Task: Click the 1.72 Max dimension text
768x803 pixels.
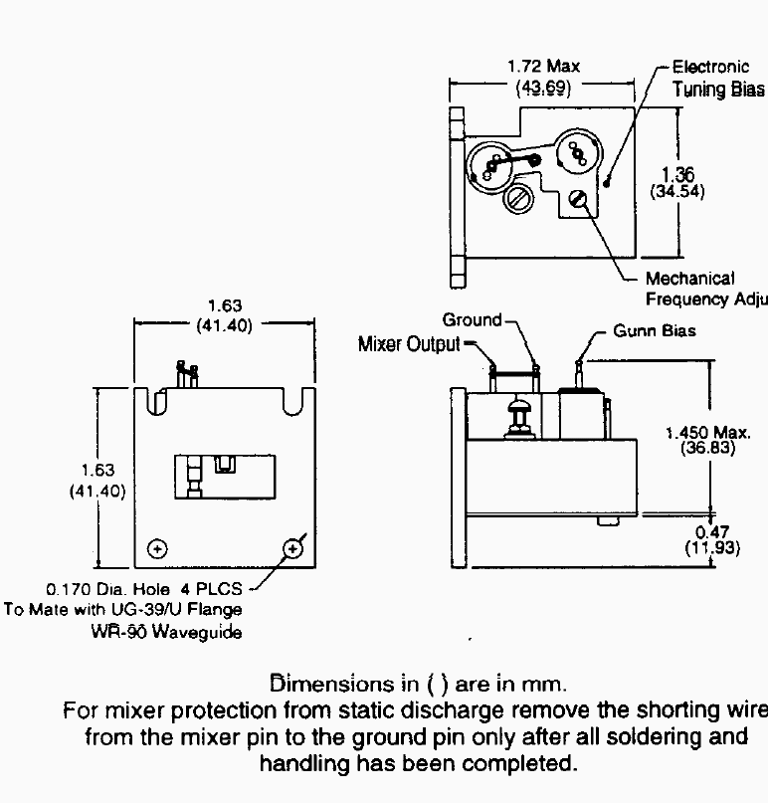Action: tap(543, 67)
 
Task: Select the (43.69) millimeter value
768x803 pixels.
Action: tap(543, 87)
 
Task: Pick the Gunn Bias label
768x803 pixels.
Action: tap(654, 330)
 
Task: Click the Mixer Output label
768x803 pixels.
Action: tap(409, 344)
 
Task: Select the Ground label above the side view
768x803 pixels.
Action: tap(472, 320)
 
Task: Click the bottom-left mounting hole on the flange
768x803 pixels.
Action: tap(156, 548)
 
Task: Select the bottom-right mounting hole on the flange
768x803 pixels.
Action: tap(292, 548)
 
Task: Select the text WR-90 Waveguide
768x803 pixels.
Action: tap(166, 632)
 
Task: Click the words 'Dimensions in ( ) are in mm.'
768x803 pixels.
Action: tap(419, 685)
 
